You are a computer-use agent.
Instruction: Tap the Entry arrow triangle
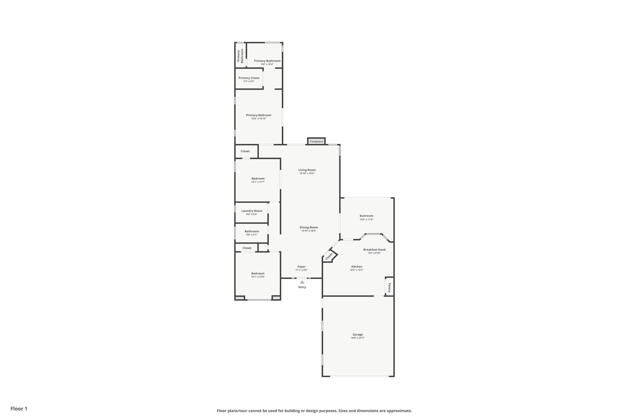pos(302,282)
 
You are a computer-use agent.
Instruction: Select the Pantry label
pos(389,287)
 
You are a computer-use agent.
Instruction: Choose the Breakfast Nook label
pos(374,250)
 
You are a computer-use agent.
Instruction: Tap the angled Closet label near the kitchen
pos(329,256)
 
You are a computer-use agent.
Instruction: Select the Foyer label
pos(302,267)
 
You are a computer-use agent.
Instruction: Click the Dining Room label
pos(309,227)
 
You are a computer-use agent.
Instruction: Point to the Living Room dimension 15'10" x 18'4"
pos(307,173)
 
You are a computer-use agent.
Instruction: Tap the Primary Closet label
pos(249,78)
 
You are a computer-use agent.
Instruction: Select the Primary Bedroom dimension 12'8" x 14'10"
pos(259,119)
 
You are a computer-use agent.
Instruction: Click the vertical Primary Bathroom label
pos(240,56)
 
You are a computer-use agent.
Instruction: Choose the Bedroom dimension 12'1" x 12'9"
pos(258,277)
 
